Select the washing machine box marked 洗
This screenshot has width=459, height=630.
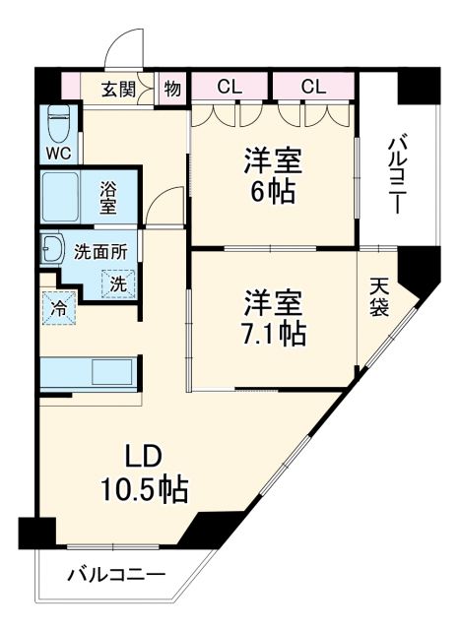(x=117, y=283)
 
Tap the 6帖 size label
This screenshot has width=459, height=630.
(x=272, y=190)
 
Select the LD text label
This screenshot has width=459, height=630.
(x=145, y=455)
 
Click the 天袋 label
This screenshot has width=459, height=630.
(x=381, y=296)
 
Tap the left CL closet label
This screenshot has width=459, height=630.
(x=229, y=87)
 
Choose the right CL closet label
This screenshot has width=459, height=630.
(x=313, y=87)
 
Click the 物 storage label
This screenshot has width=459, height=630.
(x=171, y=87)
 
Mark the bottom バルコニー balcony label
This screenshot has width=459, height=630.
(x=115, y=575)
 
